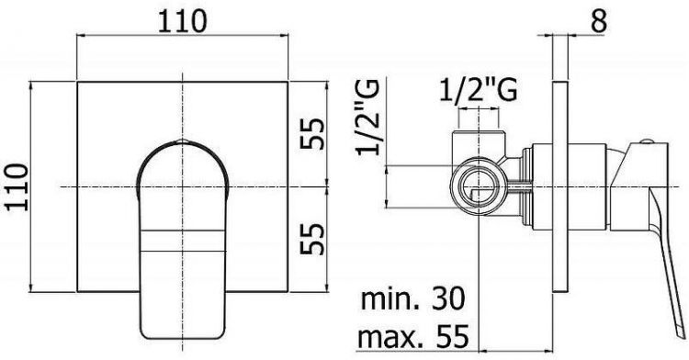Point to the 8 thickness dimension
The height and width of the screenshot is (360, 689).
[597, 21]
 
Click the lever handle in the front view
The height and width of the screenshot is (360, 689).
[184, 230]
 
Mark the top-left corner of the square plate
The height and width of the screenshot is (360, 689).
[78, 82]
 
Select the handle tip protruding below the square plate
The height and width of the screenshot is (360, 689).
[184, 317]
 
